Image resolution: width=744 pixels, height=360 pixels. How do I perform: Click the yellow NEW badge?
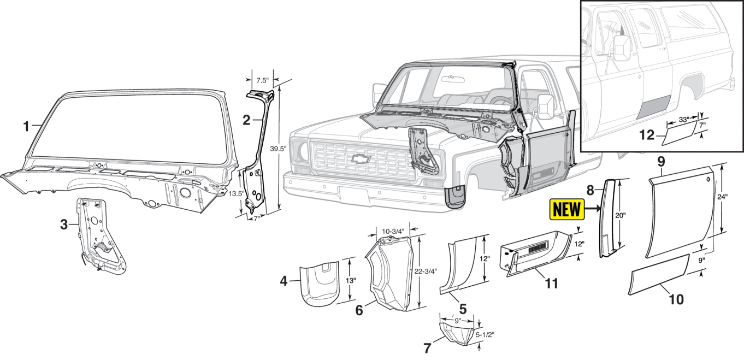pos(567,209)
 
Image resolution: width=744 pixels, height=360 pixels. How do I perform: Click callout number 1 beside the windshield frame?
pos(26,127)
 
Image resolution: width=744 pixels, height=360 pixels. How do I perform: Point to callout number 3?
pos(64,225)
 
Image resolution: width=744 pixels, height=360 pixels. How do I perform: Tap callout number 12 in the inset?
pos(647,134)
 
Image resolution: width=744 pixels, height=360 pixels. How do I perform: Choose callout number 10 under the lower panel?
pos(676,299)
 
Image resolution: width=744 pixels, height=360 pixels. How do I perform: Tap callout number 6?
pos(359,310)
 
